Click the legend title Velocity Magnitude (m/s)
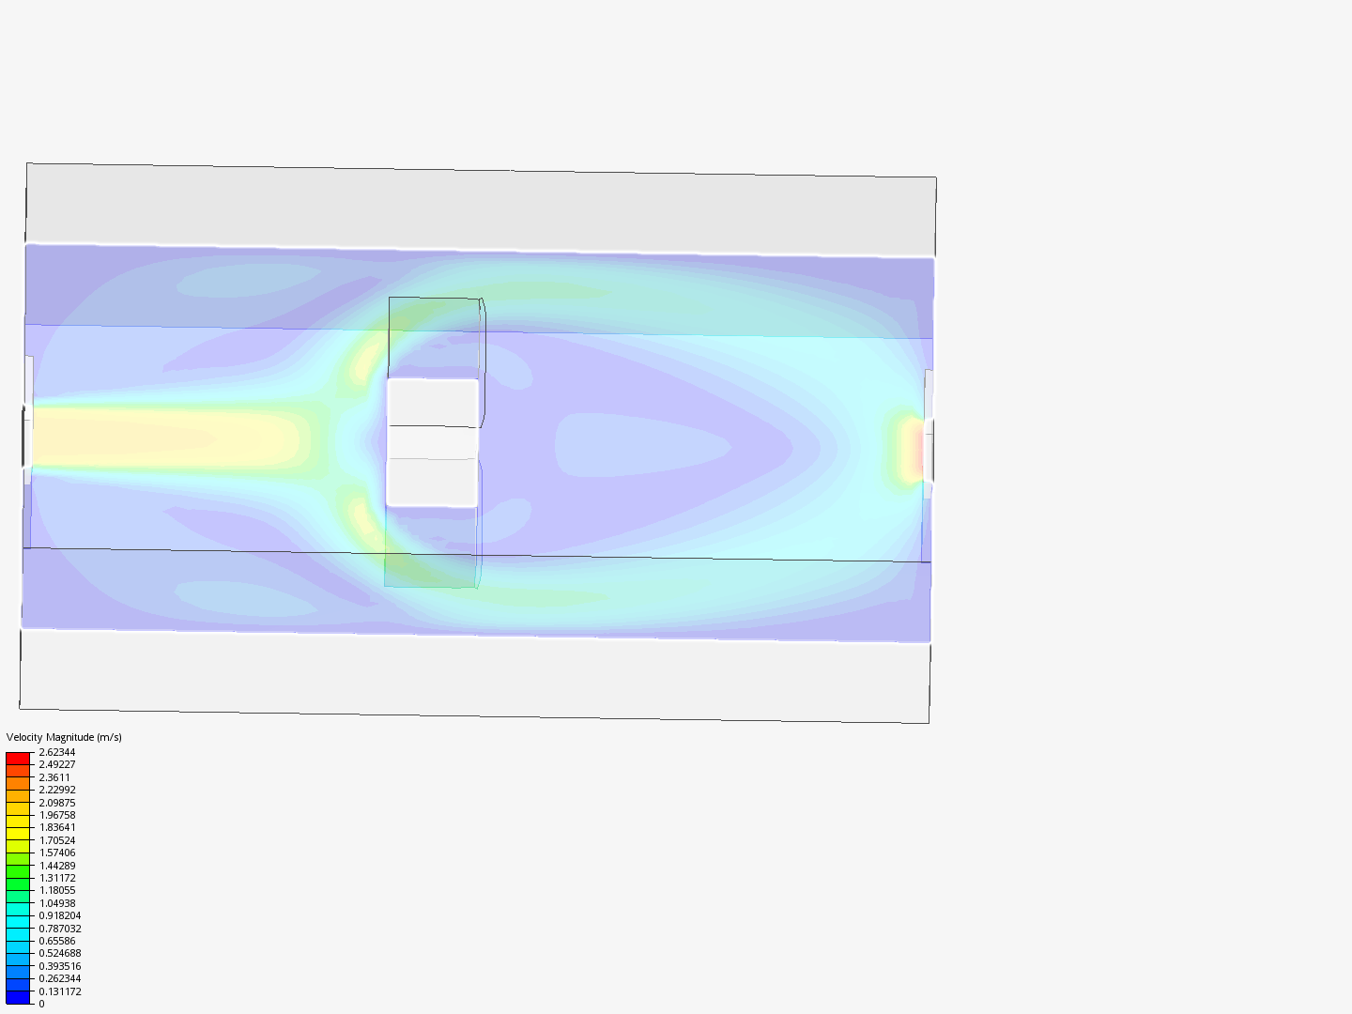[x=64, y=737]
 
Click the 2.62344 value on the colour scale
[x=56, y=752]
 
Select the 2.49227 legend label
[x=56, y=764]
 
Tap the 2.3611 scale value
[x=54, y=777]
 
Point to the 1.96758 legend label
[x=56, y=815]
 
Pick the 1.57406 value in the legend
[x=56, y=853]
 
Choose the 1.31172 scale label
[x=56, y=878]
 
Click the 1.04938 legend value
[x=56, y=903]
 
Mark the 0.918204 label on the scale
[x=60, y=915]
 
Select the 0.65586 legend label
[x=56, y=941]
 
